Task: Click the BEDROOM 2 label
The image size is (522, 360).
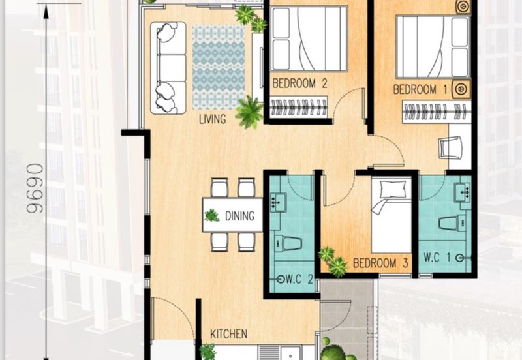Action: (299, 83)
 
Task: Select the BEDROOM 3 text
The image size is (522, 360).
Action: (380, 263)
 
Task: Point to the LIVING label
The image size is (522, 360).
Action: (213, 119)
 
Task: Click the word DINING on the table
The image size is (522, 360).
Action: (239, 215)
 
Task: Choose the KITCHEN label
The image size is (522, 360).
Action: (228, 334)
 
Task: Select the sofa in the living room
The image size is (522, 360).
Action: (168, 68)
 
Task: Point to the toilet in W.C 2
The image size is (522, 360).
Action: (289, 243)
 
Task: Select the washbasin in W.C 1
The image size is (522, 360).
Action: (463, 192)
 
